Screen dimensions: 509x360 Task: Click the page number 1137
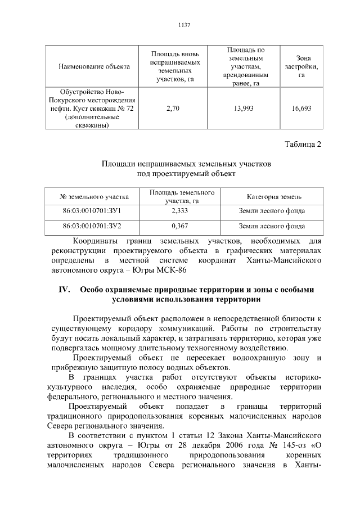184,25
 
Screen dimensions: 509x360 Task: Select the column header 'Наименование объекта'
94,66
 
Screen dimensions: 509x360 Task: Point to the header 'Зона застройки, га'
301,66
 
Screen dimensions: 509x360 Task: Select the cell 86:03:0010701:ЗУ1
94,211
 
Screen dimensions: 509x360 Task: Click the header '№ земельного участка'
94,196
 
